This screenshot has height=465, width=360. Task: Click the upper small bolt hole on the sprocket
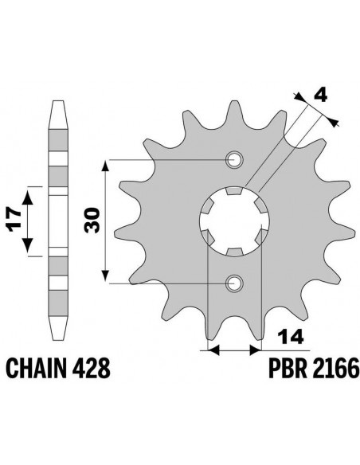point(234,160)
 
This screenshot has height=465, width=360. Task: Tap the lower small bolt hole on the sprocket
point(234,283)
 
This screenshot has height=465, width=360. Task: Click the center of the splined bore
point(232,221)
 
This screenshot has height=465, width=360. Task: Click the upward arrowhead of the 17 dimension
point(29,192)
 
